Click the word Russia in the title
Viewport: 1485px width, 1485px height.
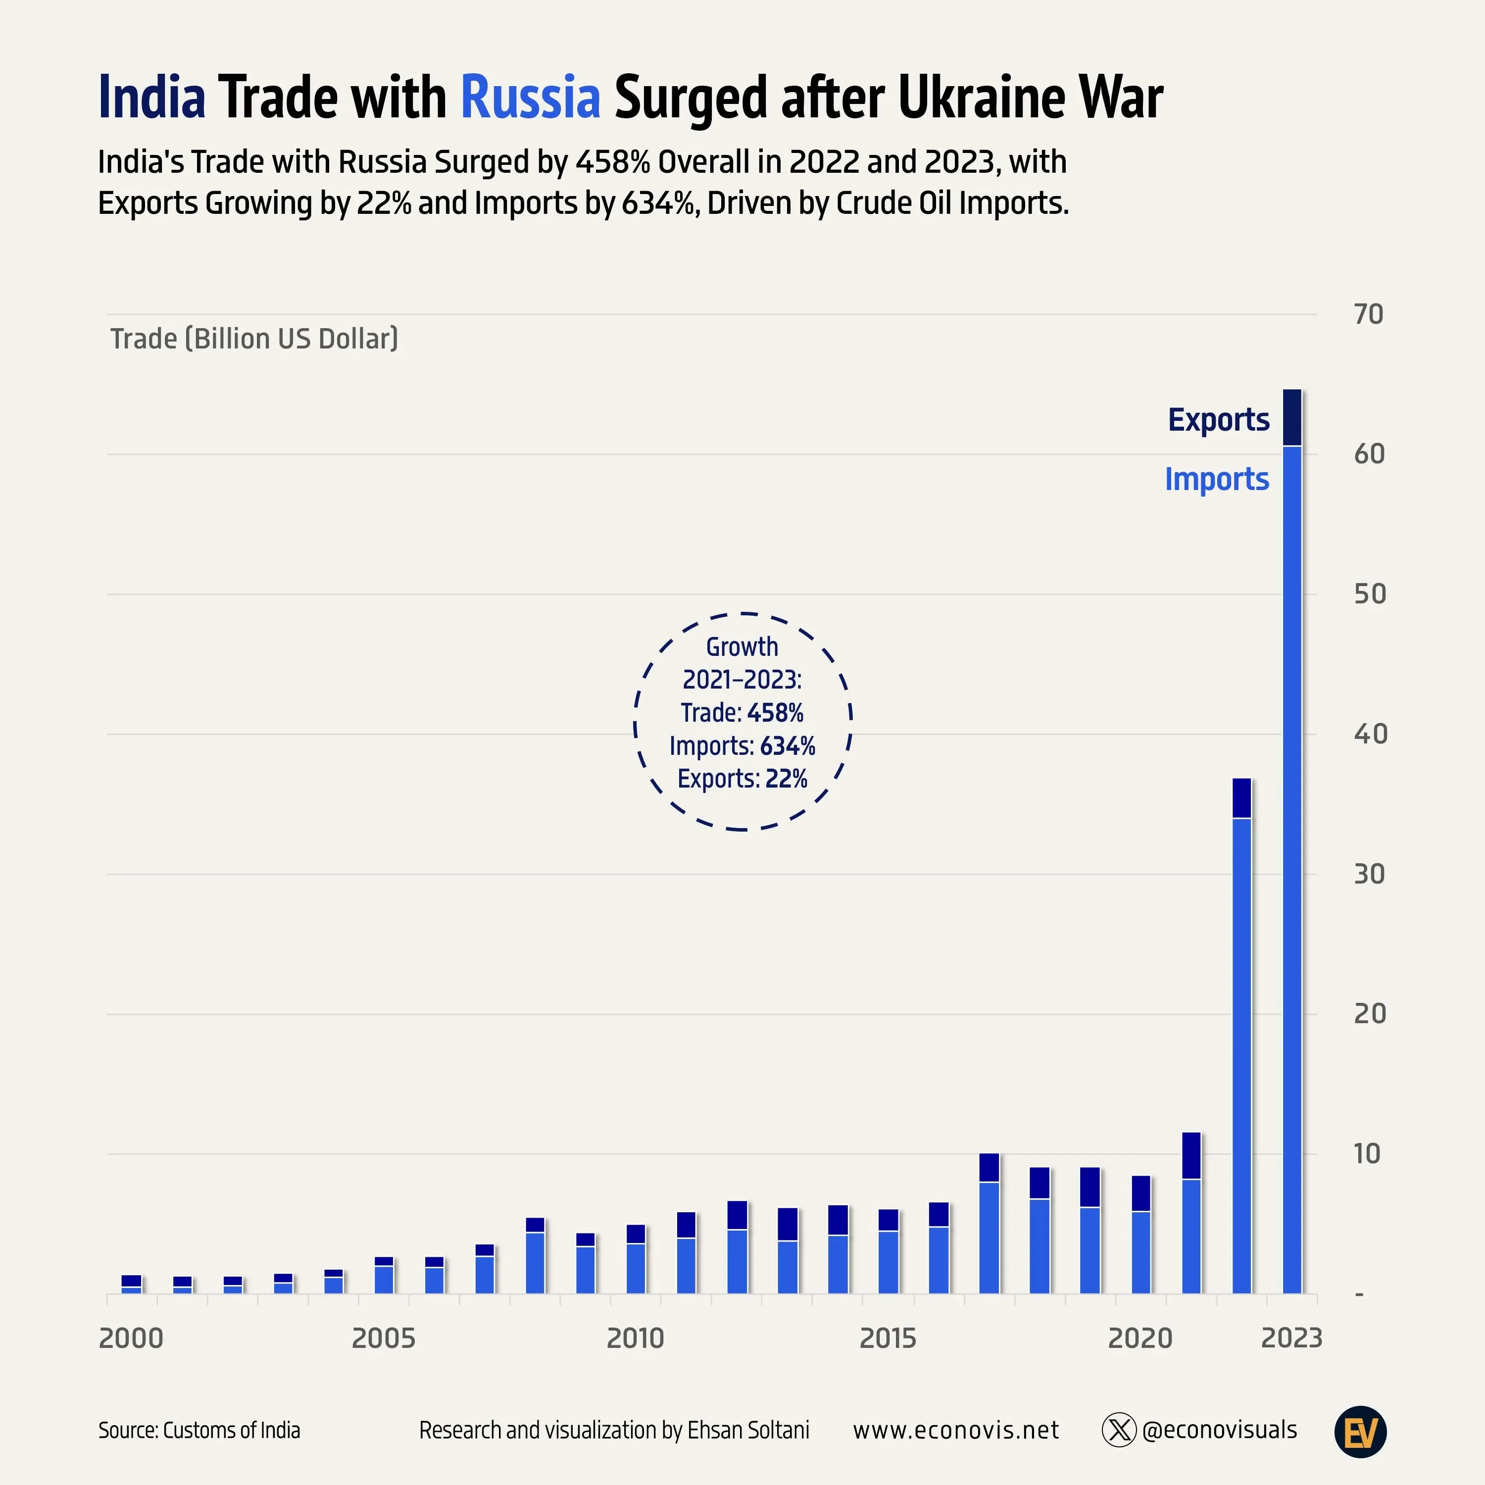[x=530, y=98]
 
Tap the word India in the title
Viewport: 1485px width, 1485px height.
[x=152, y=98]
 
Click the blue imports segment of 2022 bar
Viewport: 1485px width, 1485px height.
[x=1241, y=1053]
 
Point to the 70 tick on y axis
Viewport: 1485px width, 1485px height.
[x=1368, y=314]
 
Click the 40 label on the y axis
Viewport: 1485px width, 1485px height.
[x=1370, y=734]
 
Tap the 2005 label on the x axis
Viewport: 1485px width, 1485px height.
[x=383, y=1338]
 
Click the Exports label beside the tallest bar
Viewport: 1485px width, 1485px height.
[x=1218, y=420]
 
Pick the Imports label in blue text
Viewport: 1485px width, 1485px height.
[x=1217, y=479]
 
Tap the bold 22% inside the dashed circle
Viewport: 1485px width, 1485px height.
[x=787, y=779]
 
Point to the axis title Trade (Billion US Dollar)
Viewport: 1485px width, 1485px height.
[x=254, y=339]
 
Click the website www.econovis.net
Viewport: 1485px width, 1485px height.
[x=955, y=1431]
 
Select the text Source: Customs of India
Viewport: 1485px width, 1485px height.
[x=199, y=1431]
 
